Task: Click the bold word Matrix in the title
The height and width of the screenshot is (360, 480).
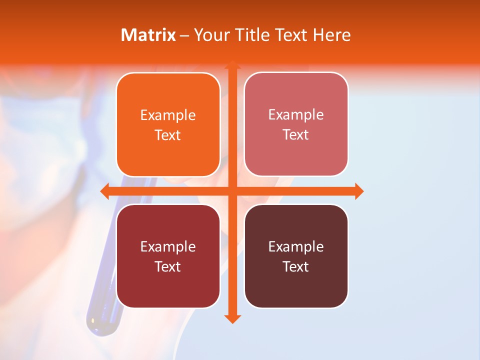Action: point(148,35)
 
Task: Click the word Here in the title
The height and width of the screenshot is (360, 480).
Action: point(331,35)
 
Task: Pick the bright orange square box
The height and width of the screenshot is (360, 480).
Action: point(168,125)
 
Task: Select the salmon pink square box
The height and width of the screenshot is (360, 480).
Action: point(296,124)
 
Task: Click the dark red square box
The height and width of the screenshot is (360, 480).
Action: point(168,256)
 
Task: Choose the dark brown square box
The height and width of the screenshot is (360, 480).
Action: point(296,256)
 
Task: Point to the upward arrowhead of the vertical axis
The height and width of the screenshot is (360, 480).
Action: point(232,65)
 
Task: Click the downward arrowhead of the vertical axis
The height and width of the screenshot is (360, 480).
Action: point(232,318)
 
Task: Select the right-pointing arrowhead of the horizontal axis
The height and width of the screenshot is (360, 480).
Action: point(358,191)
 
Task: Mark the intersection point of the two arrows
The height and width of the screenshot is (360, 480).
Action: point(232,191)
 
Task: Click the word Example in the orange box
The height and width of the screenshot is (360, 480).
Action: point(168,115)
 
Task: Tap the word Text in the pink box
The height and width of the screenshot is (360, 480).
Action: point(296,134)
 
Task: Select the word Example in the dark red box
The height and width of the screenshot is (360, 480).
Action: point(168,246)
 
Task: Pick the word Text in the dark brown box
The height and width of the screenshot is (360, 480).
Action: point(296,266)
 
